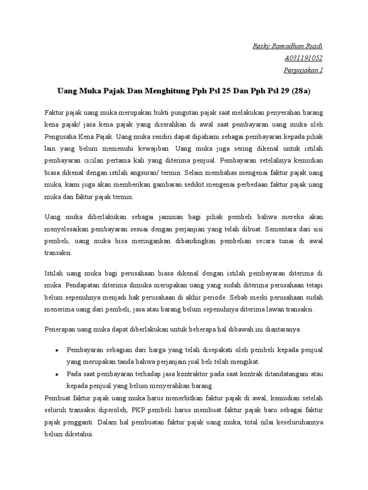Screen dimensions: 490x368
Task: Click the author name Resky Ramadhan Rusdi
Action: [287, 46]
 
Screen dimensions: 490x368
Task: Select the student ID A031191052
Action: [303, 58]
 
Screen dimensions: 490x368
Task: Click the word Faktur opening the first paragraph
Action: [55, 111]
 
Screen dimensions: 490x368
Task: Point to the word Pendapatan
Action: [78, 284]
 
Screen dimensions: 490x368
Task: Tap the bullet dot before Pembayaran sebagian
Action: [57, 350]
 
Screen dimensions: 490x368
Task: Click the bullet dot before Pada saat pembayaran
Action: [57, 374]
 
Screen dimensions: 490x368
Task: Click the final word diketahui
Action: [80, 434]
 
